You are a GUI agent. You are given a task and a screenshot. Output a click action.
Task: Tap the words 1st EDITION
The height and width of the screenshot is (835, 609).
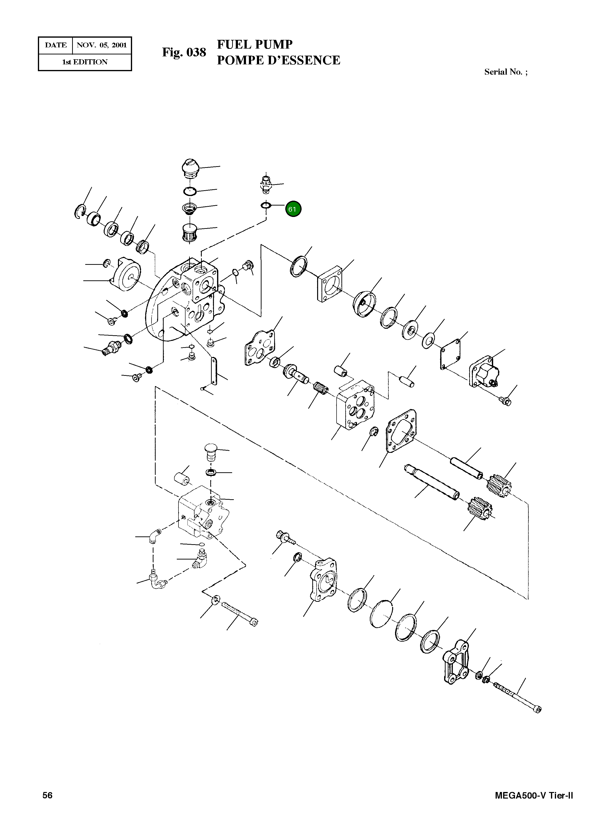point(85,62)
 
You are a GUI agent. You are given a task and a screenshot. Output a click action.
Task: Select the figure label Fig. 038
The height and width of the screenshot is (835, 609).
point(184,52)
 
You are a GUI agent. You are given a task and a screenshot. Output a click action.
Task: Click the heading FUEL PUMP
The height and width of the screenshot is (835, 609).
point(254,44)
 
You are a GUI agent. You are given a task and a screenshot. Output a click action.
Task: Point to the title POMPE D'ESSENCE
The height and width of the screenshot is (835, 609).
point(278,60)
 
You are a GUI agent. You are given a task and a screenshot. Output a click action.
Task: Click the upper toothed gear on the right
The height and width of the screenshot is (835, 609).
point(499,486)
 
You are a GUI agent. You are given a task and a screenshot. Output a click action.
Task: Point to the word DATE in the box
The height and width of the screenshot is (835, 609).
point(56,45)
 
